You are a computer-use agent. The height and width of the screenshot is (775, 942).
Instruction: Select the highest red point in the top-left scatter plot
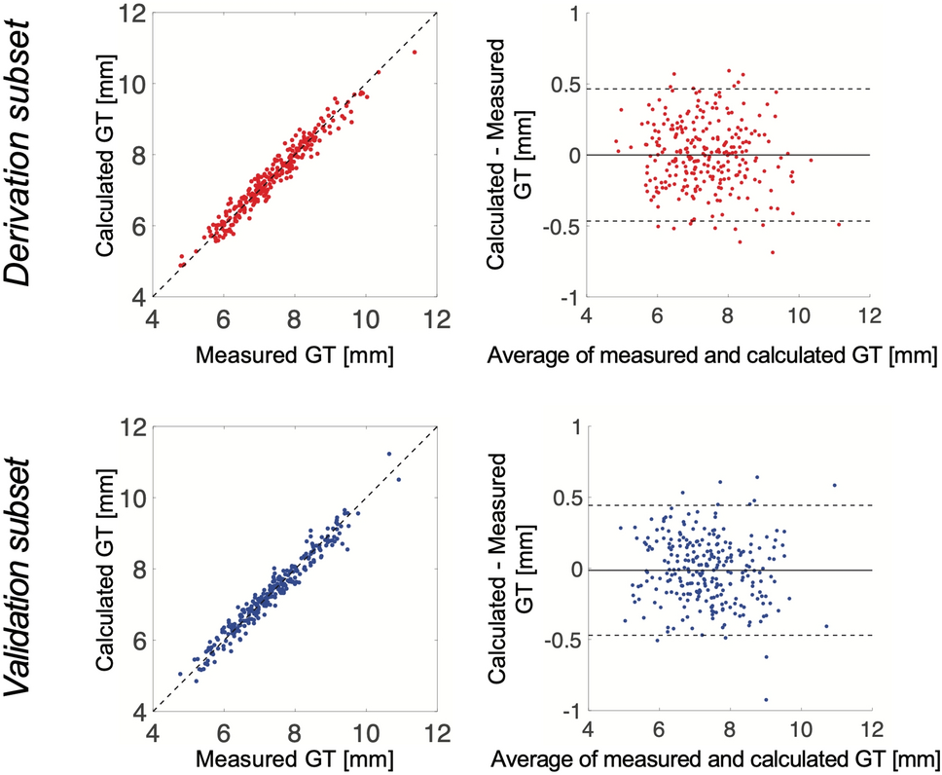click(x=415, y=52)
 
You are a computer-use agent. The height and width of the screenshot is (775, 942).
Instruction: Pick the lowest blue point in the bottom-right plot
click(x=766, y=699)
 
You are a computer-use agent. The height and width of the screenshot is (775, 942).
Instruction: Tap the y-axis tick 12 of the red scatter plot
click(x=133, y=13)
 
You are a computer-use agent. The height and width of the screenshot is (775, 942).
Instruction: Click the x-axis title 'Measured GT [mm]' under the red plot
click(x=294, y=355)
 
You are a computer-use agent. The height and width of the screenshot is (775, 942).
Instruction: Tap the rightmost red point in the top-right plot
click(x=839, y=224)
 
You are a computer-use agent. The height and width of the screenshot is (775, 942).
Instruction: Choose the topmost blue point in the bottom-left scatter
click(x=388, y=454)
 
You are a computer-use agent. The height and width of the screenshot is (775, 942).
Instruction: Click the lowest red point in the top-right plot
click(x=773, y=252)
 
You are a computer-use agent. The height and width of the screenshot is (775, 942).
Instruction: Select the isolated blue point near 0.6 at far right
click(x=834, y=485)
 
